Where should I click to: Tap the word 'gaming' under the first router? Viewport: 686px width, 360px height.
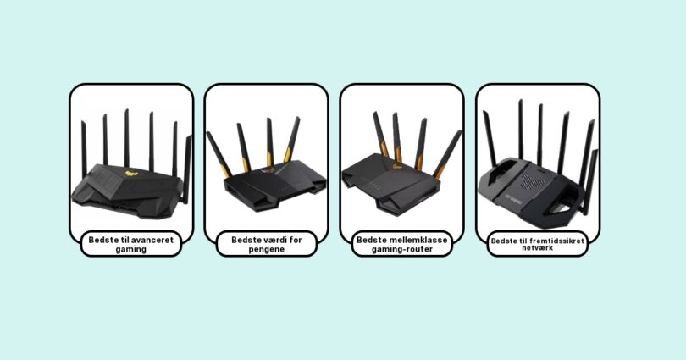[x=130, y=249]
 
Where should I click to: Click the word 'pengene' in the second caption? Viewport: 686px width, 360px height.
[x=267, y=249]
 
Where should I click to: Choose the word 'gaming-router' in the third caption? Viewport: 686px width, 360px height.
[x=402, y=249]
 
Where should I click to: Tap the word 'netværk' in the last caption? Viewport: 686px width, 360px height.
[x=538, y=248]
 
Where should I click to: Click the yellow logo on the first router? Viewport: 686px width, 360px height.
[x=131, y=174]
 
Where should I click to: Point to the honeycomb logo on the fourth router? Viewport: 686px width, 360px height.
[x=534, y=180]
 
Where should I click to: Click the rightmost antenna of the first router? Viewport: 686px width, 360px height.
[x=187, y=169]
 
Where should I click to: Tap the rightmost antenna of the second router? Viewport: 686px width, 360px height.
[x=292, y=140]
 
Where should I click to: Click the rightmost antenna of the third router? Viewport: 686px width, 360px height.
[x=448, y=154]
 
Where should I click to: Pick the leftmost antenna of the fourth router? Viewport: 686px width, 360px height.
[x=490, y=139]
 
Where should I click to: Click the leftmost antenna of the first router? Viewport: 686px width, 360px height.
[x=84, y=150]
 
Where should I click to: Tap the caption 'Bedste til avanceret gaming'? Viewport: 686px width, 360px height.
[x=130, y=244]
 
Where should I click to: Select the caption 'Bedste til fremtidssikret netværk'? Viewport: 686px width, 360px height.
[x=538, y=244]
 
